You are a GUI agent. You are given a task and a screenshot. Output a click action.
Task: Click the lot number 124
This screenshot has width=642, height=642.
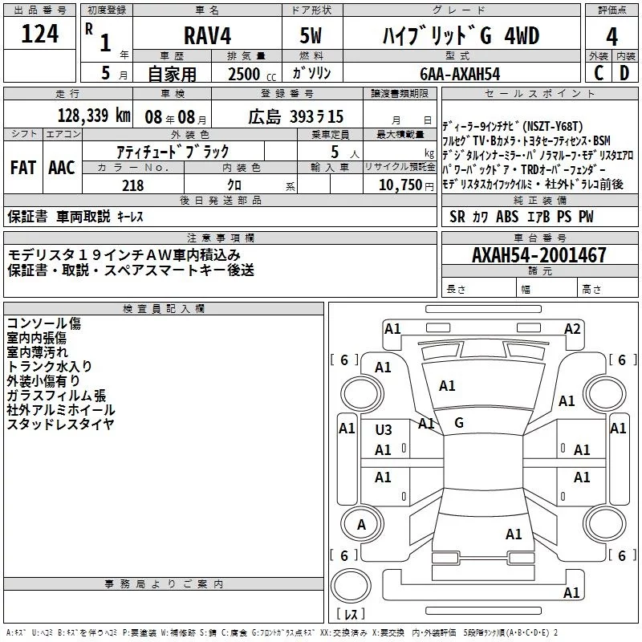pyautogui.click(x=40, y=35)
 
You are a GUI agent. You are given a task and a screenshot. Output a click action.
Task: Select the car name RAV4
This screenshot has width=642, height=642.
pyautogui.click(x=207, y=37)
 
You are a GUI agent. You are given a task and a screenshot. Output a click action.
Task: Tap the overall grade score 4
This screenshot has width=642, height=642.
pyautogui.click(x=612, y=36)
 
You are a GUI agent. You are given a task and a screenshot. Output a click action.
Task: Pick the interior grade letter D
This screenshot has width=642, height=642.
pyautogui.click(x=625, y=73)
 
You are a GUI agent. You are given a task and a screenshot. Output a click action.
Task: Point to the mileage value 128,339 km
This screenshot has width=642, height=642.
pyautogui.click(x=94, y=116)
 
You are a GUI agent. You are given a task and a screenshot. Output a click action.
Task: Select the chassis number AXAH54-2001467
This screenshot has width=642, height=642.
pyautogui.click(x=539, y=255)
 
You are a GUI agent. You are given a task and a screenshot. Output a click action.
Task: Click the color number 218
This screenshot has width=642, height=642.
pyautogui.click(x=133, y=185)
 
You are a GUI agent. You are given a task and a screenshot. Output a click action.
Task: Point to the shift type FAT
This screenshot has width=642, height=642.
pyautogui.click(x=22, y=168)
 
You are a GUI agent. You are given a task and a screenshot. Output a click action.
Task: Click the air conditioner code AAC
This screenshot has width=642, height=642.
pyautogui.click(x=62, y=168)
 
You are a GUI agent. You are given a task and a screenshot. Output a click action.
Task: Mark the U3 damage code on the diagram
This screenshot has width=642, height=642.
pyautogui.click(x=384, y=429)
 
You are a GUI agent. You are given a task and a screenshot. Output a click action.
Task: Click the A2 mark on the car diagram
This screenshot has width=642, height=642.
pyautogui.click(x=572, y=328)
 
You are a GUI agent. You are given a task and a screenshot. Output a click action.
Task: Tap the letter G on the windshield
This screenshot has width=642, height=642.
pyautogui.click(x=459, y=422)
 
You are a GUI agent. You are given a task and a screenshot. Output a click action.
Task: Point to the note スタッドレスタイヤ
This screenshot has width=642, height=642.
pyautogui.click(x=60, y=424)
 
